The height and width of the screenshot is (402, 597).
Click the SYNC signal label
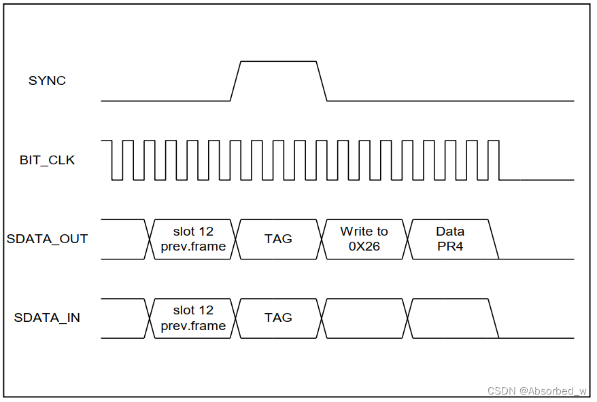tap(47, 81)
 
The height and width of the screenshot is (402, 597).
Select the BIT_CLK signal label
tap(47, 161)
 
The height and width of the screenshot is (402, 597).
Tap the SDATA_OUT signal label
tap(47, 239)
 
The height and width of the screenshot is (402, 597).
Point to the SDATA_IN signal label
tap(47, 318)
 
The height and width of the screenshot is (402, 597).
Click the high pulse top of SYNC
tap(279, 62)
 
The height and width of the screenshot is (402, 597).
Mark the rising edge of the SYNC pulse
tap(236, 81)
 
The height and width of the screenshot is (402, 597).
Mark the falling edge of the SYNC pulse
tap(322, 81)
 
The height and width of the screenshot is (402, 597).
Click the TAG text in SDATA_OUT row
tap(278, 239)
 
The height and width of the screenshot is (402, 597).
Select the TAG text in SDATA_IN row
tap(278, 318)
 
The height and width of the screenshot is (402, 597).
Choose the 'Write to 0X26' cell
tap(364, 239)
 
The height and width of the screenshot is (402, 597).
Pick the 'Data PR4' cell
tap(449, 239)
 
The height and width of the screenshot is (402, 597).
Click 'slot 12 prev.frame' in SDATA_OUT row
tap(193, 239)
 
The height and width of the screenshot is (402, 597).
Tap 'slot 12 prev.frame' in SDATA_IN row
tap(193, 318)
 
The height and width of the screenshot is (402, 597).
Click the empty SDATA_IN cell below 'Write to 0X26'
tap(364, 318)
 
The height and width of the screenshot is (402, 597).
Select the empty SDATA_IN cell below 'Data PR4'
tap(449, 318)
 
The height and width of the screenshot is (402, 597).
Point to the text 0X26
tap(364, 246)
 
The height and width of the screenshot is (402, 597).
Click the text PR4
tap(449, 246)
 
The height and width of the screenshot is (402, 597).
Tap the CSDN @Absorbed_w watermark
tap(537, 390)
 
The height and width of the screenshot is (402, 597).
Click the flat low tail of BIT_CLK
tap(537, 180)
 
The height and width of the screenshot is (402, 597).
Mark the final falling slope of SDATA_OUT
tap(494, 239)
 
